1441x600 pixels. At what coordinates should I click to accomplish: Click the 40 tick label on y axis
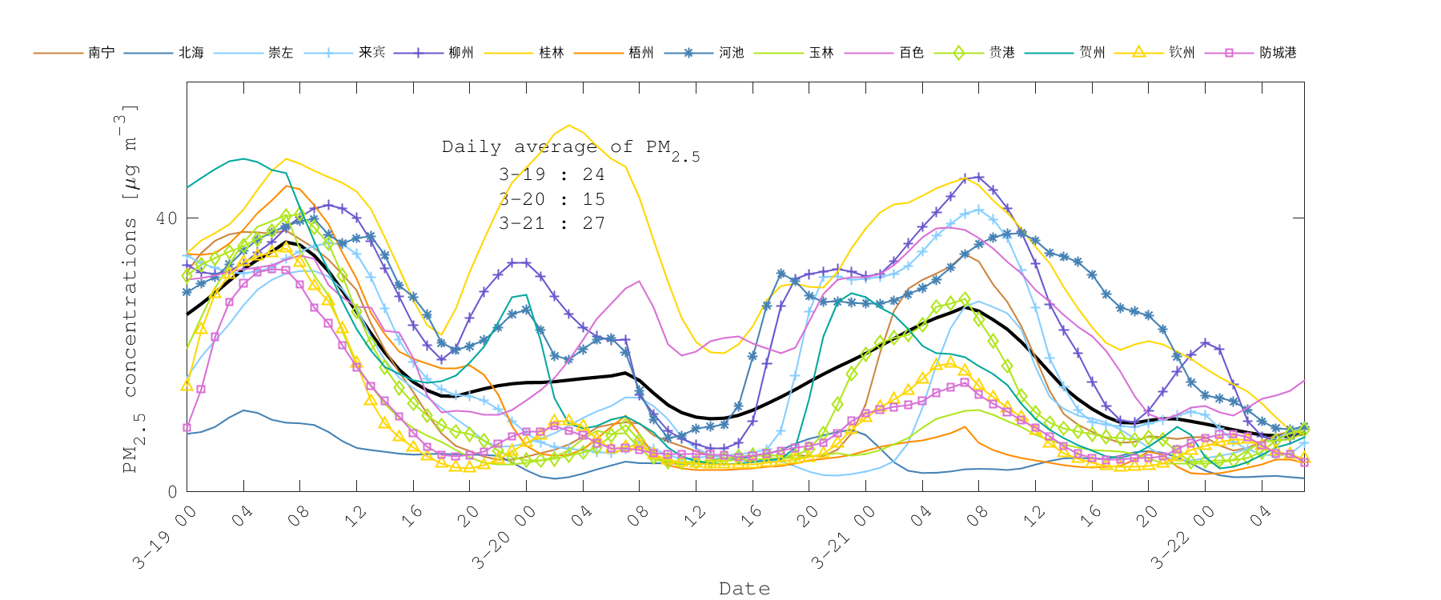[x=166, y=218]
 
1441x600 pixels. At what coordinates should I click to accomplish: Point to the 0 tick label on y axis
[x=172, y=491]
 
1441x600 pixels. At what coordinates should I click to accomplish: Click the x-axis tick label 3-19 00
[x=165, y=538]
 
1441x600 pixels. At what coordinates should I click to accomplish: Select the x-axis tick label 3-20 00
[x=504, y=538]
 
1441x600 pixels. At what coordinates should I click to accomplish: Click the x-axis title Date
[x=744, y=589]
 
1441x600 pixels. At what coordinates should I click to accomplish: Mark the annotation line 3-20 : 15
[x=552, y=199]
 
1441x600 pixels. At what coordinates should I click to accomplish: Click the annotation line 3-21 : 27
[x=552, y=223]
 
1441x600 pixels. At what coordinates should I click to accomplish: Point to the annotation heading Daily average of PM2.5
[x=570, y=148]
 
